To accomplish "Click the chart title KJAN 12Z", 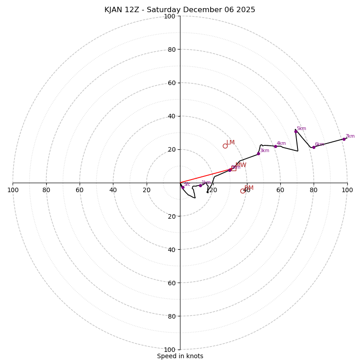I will (x=180, y=10).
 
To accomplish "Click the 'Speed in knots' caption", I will (x=180, y=356).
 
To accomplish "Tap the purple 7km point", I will (x=344, y=139).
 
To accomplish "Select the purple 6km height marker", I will (x=314, y=147).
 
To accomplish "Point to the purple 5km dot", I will (x=296, y=131).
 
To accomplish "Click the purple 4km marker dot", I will (x=275, y=146).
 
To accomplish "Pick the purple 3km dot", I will (x=258, y=153).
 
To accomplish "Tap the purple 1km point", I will (x=200, y=185).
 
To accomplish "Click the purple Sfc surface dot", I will (x=182, y=187).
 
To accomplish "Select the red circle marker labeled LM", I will (x=225, y=146).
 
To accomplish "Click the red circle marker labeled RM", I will (x=243, y=191).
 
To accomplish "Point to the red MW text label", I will (x=241, y=165).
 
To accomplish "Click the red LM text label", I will (x=230, y=143).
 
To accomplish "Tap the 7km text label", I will (x=350, y=136).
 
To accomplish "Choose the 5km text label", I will (x=301, y=129).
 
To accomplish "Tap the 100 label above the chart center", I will (x=170, y=16).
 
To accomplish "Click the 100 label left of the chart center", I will (x=13, y=190).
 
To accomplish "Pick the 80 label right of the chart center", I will (x=314, y=190).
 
